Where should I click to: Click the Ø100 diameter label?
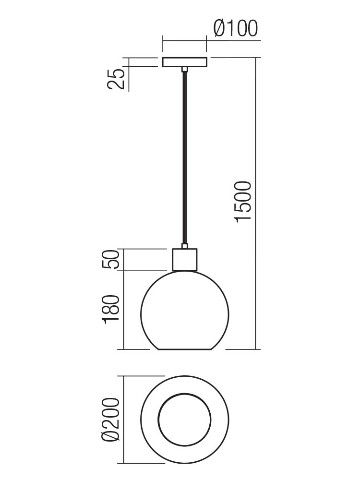[236, 29]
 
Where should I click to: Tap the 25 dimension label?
[116, 79]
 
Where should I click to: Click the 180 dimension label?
[110, 309]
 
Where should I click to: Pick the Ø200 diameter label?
[110, 420]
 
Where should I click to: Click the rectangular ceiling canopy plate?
[185, 62]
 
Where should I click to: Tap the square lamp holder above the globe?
[185, 260]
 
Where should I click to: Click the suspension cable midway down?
[185, 157]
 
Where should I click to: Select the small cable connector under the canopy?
[185, 70]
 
